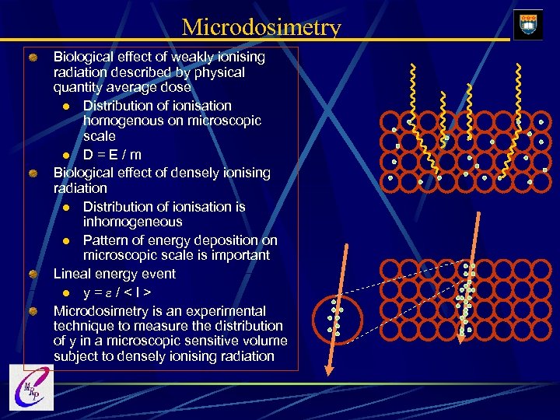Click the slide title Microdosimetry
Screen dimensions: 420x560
[x=261, y=28]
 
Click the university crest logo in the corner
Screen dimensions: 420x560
[x=528, y=24]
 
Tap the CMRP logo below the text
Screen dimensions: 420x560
[x=32, y=387]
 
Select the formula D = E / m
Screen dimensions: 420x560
[x=112, y=155]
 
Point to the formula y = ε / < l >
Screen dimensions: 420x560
[x=117, y=292]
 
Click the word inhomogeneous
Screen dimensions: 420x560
[x=133, y=222]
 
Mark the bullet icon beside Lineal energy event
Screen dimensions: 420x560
[x=33, y=275]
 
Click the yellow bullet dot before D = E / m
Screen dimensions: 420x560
[x=68, y=156]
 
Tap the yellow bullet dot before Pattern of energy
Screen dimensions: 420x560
[x=68, y=240]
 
